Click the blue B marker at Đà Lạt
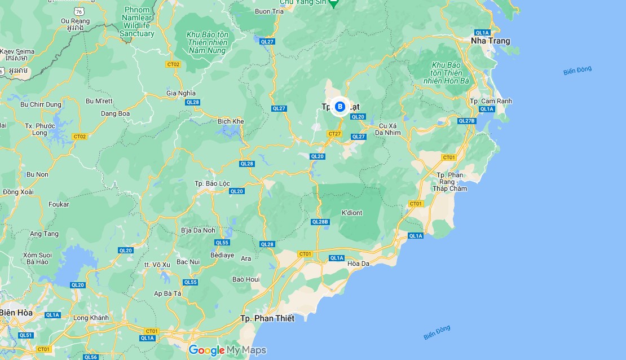(x=340, y=106)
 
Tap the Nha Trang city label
(x=490, y=41)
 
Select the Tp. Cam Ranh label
(x=491, y=101)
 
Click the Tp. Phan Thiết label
(x=267, y=318)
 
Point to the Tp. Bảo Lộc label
(x=212, y=183)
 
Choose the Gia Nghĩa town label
(x=180, y=93)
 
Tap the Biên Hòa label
(x=16, y=312)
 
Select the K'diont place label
(x=352, y=213)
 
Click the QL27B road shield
(x=467, y=121)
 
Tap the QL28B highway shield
(x=320, y=222)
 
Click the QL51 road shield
(x=25, y=335)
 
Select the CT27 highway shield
(x=334, y=134)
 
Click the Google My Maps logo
(x=227, y=350)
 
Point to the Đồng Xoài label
(x=18, y=192)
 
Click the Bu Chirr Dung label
(x=40, y=104)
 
